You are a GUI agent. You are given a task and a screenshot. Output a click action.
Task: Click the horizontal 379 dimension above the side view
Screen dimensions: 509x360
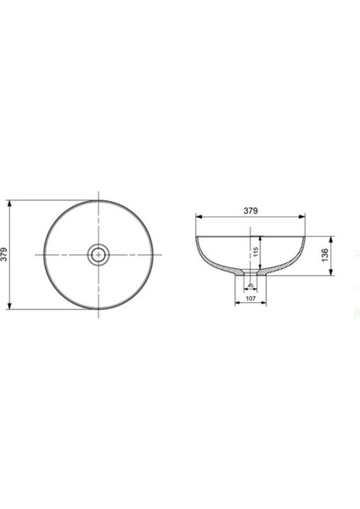tap(250, 210)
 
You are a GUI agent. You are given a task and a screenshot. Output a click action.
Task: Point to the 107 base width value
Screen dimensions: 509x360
tap(250, 298)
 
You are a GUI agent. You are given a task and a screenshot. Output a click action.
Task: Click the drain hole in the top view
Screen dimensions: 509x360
tap(99, 255)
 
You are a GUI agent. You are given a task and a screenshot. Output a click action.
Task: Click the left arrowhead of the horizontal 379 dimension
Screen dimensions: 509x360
tap(199, 216)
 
